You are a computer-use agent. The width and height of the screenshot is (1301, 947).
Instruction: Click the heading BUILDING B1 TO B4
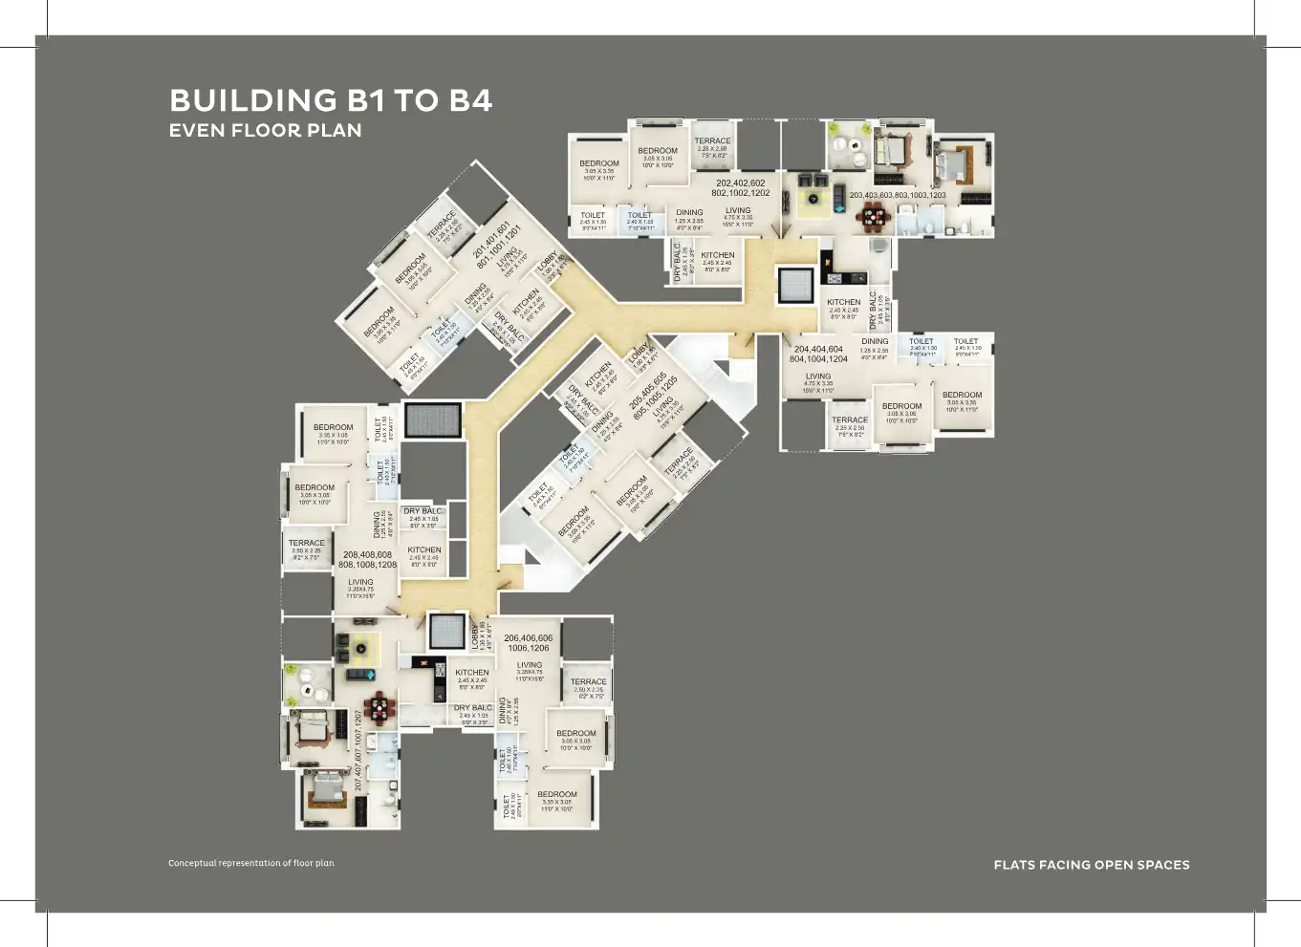pos(331,100)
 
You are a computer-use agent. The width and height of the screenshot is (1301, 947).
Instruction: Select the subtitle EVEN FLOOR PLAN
pos(265,131)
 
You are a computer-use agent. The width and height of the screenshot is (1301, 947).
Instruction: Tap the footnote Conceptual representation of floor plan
pos(251,863)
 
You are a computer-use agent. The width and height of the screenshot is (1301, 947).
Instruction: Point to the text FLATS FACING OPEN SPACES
pos(1092,865)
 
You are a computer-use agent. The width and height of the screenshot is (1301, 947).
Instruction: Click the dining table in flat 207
pos(380,708)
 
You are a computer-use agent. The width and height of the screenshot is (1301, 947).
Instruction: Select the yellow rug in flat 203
pos(813,200)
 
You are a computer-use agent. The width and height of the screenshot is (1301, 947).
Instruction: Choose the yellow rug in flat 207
pos(363,649)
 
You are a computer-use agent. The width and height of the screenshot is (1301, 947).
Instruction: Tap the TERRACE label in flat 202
pos(712,140)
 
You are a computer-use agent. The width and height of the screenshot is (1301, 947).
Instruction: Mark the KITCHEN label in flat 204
pos(843,302)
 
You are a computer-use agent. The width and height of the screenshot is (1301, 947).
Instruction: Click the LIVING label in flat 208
pos(360,582)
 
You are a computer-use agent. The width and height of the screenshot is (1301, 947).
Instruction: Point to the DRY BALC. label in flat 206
pos(473,708)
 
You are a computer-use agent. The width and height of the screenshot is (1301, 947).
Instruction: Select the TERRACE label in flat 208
pos(307,543)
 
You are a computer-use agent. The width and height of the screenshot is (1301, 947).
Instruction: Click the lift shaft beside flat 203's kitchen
pos(795,285)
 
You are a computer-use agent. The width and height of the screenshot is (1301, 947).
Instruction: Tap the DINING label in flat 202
pos(689,212)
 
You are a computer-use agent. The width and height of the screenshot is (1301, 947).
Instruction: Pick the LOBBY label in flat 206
pos(475,634)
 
